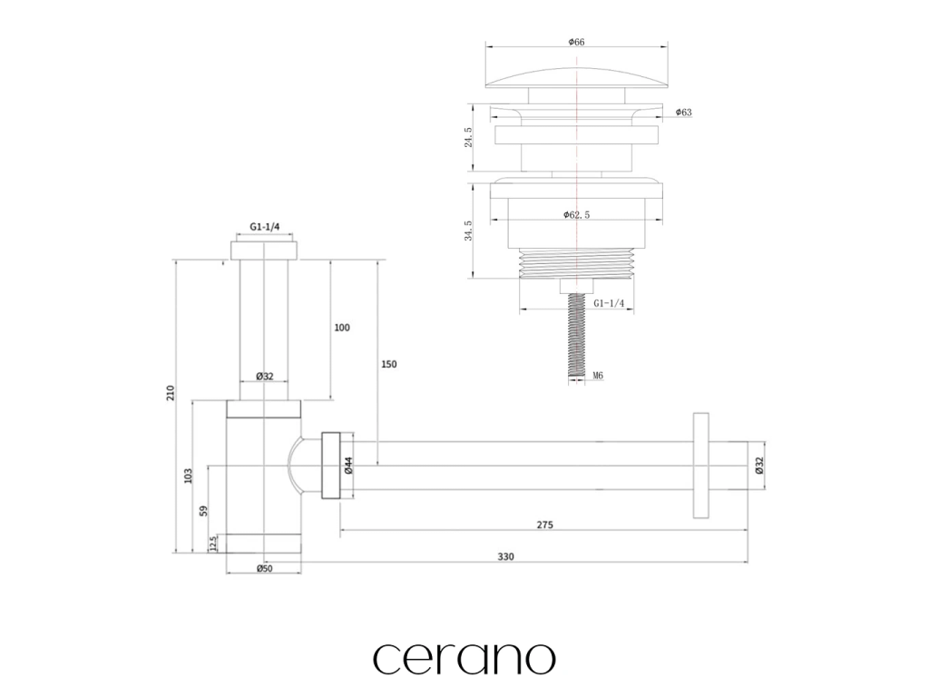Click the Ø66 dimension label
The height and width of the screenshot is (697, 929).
tap(576, 41)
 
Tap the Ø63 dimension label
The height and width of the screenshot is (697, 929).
tap(684, 113)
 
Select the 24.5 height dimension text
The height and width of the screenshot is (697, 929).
tap(468, 137)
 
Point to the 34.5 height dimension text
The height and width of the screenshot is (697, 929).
tap(468, 231)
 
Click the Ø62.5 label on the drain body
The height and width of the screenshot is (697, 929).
tap(578, 215)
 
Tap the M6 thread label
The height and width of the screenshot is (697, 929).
tap(598, 375)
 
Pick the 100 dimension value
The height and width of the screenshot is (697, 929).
tap(342, 328)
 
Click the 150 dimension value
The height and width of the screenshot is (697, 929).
tap(388, 364)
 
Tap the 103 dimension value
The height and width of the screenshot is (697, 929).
tap(189, 475)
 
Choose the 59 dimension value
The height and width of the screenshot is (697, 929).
tap(204, 509)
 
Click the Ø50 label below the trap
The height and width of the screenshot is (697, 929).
tap(264, 569)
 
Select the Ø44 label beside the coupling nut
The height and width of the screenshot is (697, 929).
tap(347, 466)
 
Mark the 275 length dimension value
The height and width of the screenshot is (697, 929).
tap(544, 525)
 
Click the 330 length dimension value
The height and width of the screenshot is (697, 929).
tap(505, 556)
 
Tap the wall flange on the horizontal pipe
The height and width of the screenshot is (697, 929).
tap(700, 466)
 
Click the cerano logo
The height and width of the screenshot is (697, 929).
tap(464, 658)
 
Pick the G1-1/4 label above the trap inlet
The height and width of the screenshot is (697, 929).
tap(264, 229)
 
